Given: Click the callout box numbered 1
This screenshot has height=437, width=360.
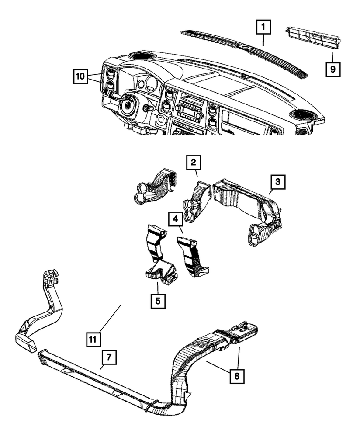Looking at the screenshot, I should click(263, 28).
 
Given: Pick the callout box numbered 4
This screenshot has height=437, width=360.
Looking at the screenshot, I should click(174, 218).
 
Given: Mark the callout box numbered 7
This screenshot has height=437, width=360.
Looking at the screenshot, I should click(109, 357).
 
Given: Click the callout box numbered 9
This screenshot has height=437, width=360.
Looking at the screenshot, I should click(332, 68).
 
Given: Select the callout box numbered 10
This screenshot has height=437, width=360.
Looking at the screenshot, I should click(80, 76).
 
